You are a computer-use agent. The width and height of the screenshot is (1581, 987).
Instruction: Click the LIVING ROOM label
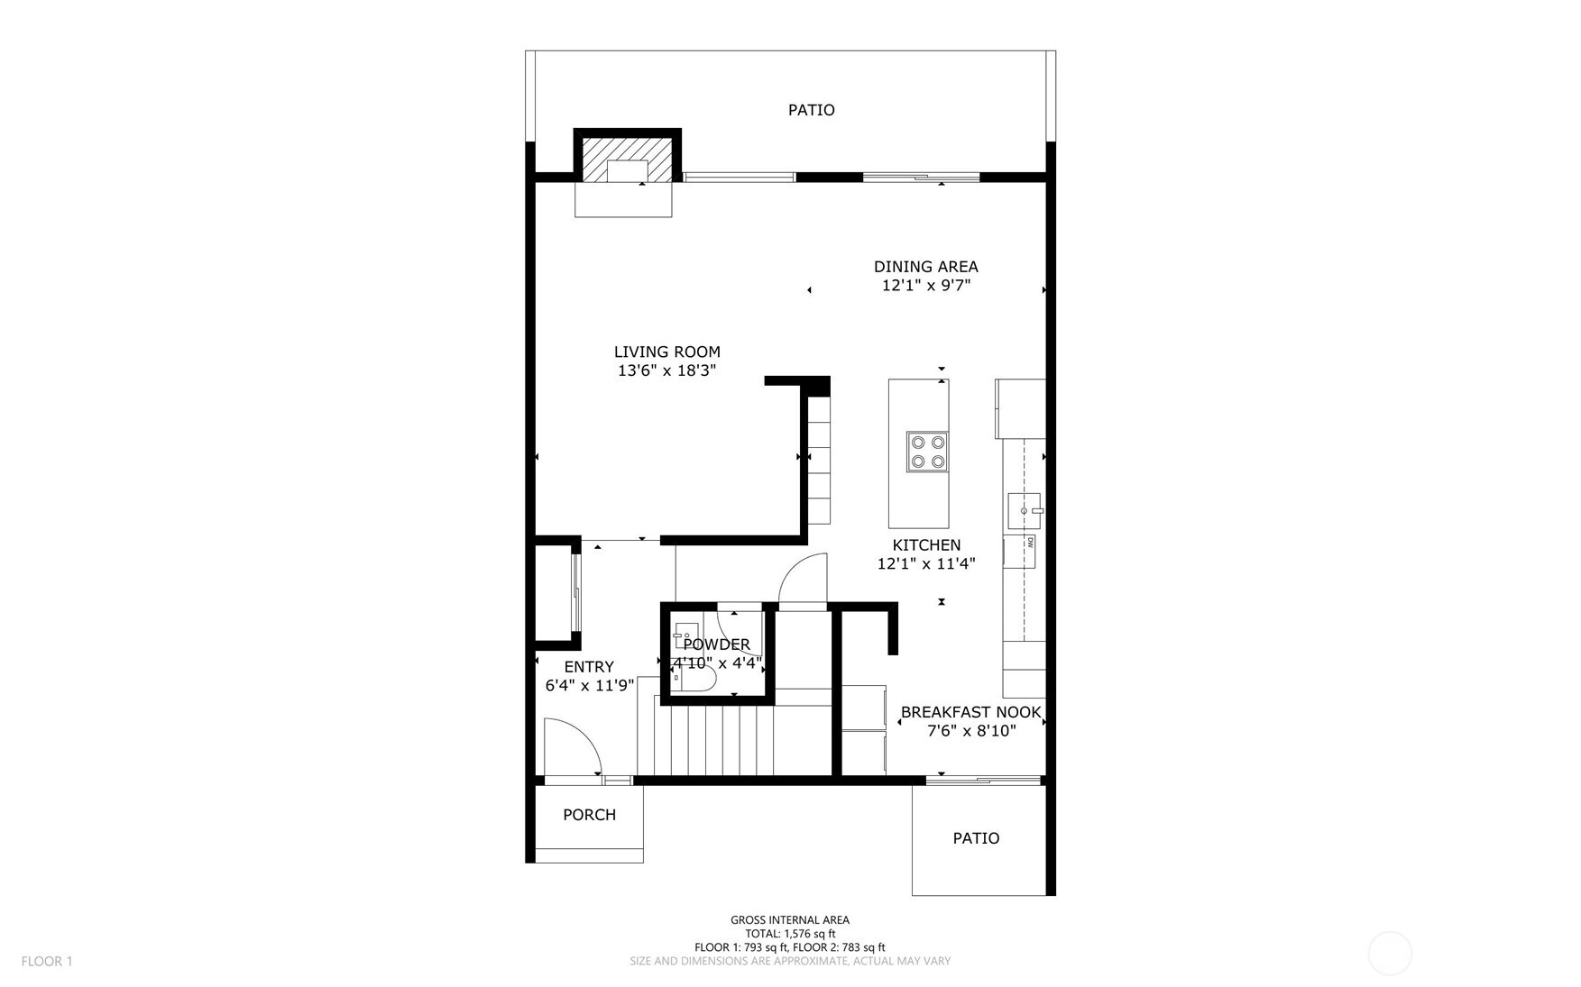point(666,352)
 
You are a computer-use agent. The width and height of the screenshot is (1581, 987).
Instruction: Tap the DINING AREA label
point(925,267)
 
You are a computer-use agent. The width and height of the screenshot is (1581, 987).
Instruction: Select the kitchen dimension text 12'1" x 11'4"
point(926,564)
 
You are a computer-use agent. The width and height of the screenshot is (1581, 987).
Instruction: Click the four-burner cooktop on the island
point(927,452)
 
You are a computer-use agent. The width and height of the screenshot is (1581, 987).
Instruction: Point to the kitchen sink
point(1025,510)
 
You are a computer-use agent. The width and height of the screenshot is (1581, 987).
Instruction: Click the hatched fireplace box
point(627,160)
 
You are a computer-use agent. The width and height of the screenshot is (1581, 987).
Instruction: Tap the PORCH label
point(589,815)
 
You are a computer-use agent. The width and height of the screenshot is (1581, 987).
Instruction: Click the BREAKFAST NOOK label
point(971,712)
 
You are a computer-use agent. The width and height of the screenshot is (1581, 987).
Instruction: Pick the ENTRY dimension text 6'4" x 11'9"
point(590,686)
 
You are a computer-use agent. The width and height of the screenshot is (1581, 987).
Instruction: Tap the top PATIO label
point(811,110)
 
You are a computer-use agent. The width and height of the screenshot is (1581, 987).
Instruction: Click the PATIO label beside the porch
point(976,838)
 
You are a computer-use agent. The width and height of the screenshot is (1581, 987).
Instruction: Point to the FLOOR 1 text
point(47,962)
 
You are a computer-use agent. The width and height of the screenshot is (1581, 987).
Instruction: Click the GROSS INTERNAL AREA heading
point(790,920)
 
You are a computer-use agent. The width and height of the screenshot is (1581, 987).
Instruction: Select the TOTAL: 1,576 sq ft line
point(790,934)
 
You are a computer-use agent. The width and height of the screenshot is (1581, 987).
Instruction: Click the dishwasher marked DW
point(1020,552)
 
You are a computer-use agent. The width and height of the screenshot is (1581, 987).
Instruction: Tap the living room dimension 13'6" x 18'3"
point(666,370)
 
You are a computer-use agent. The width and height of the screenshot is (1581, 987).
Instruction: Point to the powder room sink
point(686,635)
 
